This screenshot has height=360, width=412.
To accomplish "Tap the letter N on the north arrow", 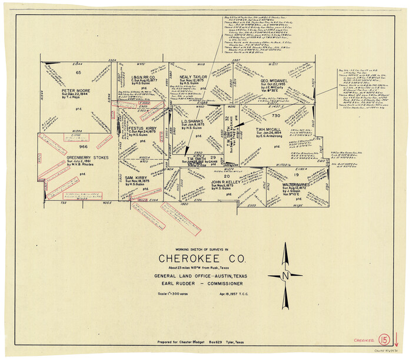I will coord(285,275).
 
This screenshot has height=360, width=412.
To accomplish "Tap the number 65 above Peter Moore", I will coord(78,72).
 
